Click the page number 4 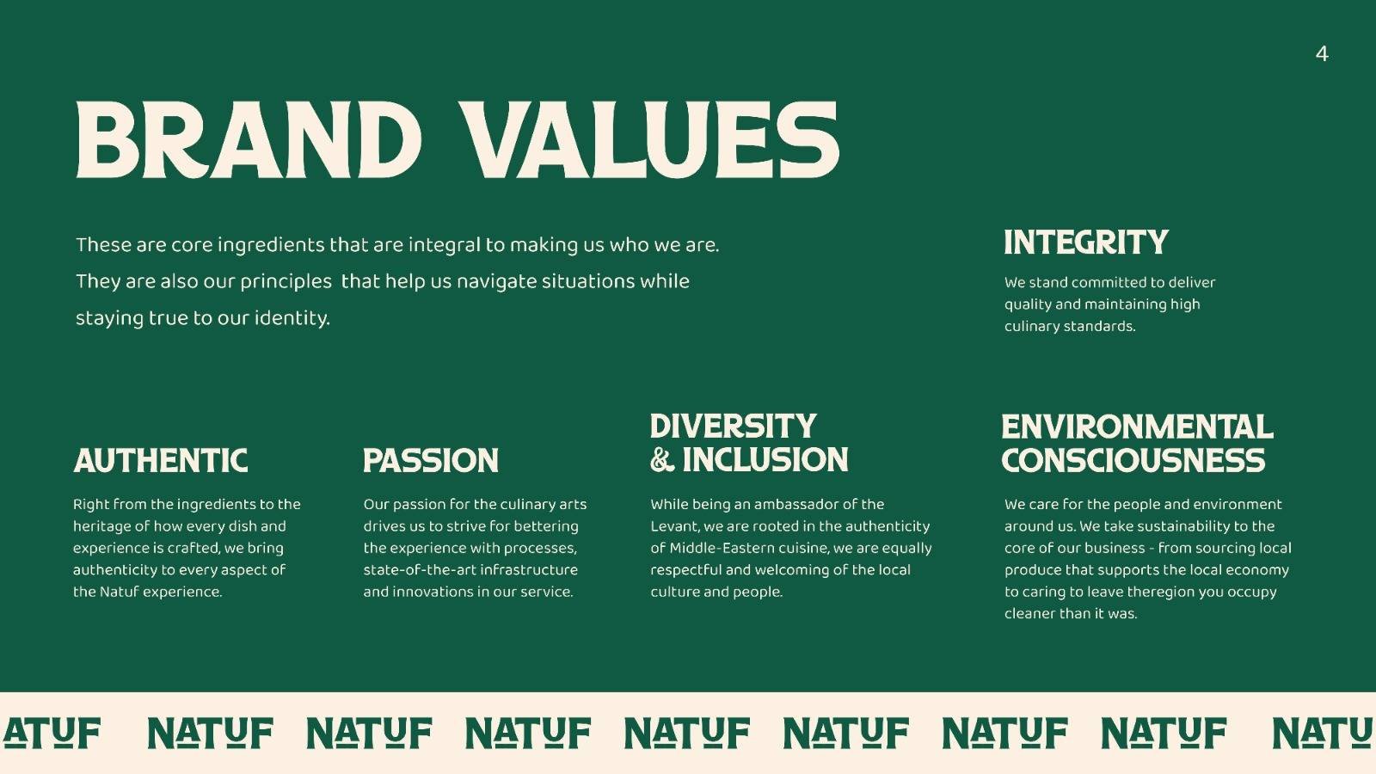tap(1322, 54)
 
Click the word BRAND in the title tap(249, 140)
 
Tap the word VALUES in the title tap(649, 140)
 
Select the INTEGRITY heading tap(1086, 242)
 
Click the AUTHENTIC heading tap(160, 461)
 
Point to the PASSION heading tap(431, 461)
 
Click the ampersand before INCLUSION tap(661, 460)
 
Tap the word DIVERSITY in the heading tap(734, 427)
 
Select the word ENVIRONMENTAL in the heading tap(1137, 427)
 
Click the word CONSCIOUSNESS tap(1133, 461)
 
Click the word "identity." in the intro tap(292, 319)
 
